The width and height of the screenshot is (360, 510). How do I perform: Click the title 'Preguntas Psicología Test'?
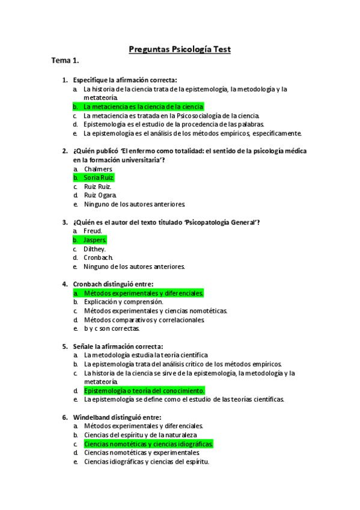(180, 49)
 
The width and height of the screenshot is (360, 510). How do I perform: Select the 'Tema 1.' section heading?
(65, 61)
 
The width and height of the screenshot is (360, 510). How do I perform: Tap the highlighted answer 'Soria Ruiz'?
(99, 177)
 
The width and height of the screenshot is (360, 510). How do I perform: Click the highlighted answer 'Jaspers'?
(95, 240)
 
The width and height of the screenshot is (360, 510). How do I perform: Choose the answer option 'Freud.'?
(93, 231)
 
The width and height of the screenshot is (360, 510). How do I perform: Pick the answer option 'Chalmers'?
(99, 169)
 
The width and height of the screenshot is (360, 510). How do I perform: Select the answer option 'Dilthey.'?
(95, 248)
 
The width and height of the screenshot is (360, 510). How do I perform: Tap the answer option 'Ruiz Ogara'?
(100, 195)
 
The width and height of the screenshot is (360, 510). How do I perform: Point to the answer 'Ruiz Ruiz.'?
(98, 186)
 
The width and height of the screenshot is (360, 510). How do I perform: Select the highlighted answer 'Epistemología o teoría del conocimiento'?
(144, 390)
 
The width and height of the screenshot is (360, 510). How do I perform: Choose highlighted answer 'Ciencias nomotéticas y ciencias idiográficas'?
(148, 444)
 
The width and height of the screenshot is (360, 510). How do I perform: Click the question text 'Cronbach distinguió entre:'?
(114, 284)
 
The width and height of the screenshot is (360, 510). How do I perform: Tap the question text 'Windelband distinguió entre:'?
(117, 417)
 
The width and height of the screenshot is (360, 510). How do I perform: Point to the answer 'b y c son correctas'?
(112, 328)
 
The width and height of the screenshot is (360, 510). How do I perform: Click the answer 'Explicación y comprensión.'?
(123, 302)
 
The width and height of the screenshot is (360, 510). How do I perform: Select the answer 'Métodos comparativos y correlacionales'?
(144, 319)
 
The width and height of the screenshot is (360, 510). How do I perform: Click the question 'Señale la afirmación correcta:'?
(118, 346)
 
